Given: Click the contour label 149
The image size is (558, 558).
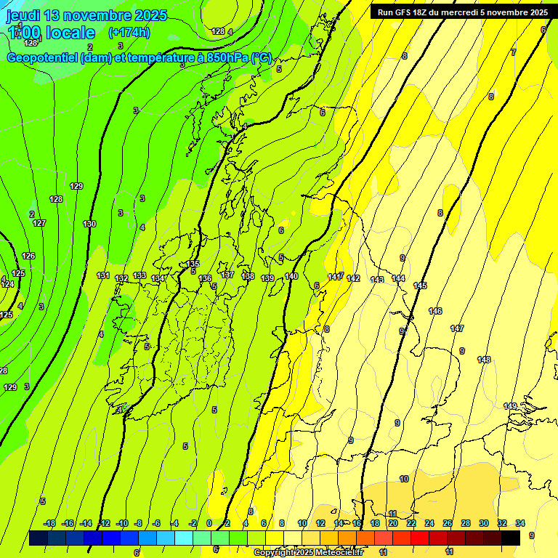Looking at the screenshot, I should [510, 406].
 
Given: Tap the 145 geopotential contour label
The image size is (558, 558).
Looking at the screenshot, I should [420, 286].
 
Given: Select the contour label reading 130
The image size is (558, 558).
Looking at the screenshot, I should [89, 224].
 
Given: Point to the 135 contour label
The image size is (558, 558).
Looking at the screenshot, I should [193, 264].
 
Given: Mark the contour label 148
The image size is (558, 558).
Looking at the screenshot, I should [484, 360].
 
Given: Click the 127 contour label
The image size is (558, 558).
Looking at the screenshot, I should [39, 223].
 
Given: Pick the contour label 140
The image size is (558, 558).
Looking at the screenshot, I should [291, 276].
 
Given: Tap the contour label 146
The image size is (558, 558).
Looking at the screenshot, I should [435, 311].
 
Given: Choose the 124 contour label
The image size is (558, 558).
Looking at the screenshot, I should [7, 284].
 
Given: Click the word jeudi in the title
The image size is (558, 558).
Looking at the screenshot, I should [24, 15].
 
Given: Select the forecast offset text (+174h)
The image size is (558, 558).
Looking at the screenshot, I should [129, 32].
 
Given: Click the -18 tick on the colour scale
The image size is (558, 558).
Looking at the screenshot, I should [49, 523].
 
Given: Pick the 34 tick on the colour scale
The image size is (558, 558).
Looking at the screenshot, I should [520, 523].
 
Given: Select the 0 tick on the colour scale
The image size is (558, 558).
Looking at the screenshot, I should [209, 523].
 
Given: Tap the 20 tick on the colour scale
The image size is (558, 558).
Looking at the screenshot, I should [393, 523].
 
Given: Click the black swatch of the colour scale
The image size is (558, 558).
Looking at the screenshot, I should [511, 538].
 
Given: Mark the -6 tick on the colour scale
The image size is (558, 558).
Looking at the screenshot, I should [156, 523].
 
